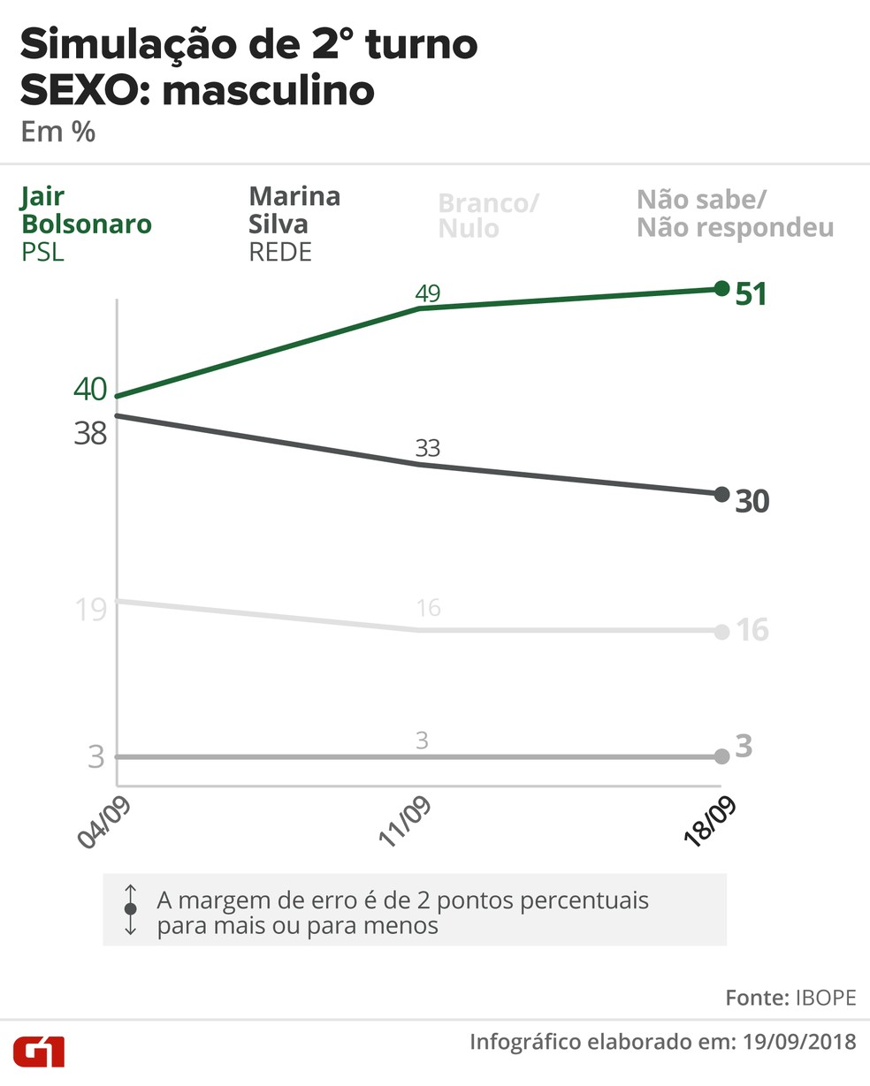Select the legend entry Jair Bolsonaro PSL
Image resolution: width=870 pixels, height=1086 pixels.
click(x=86, y=224)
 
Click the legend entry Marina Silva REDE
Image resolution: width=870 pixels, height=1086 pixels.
click(x=294, y=224)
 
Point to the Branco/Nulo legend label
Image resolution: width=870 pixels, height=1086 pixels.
click(x=487, y=216)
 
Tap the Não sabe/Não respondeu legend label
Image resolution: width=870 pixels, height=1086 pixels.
click(x=735, y=214)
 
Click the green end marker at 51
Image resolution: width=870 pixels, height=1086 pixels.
click(x=721, y=288)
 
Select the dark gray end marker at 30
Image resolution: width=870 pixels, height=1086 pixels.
click(x=721, y=494)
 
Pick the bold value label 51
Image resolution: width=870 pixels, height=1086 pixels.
click(x=752, y=293)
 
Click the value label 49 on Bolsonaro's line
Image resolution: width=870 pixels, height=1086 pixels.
click(x=427, y=292)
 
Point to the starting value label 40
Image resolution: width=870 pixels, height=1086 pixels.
click(x=90, y=389)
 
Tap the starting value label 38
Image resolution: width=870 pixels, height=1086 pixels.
click(x=90, y=433)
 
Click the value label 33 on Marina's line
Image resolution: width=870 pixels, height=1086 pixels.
click(x=427, y=448)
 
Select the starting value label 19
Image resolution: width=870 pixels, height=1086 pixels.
click(x=91, y=609)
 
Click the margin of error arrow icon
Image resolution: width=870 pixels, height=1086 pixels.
click(x=131, y=909)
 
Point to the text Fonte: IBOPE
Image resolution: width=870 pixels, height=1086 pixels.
click(x=790, y=998)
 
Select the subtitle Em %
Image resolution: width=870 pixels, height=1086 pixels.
click(x=57, y=133)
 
